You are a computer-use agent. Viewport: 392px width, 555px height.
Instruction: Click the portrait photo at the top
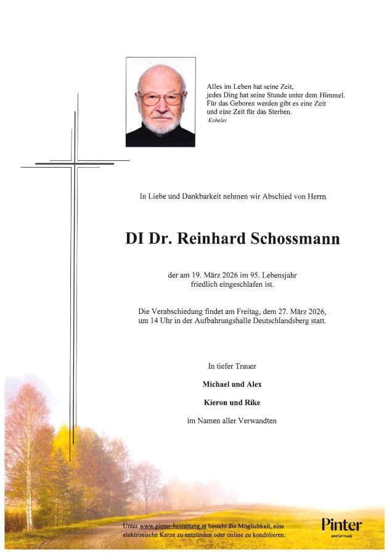[x=161, y=102]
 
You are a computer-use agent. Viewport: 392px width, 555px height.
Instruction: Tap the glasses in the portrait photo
[x=161, y=98]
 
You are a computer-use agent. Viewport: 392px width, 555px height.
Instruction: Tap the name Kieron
[x=215, y=402]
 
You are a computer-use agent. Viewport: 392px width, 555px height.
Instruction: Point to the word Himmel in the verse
[x=331, y=95]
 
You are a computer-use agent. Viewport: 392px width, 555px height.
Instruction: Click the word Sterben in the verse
[x=294, y=112]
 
